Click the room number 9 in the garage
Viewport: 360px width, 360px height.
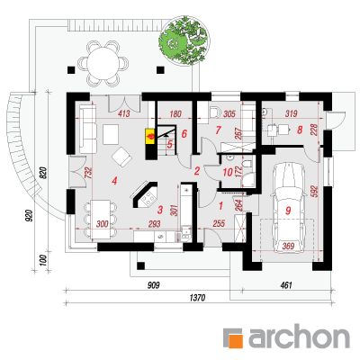point(288,211)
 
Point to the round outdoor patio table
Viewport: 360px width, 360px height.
point(103,62)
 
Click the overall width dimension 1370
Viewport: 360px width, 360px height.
point(197,298)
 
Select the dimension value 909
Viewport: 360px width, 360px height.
point(153,284)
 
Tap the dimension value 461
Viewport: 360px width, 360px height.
point(286,285)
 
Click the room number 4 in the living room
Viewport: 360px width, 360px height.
point(113,181)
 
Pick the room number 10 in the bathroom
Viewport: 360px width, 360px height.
point(228,173)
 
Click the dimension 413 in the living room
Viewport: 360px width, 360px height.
point(123,113)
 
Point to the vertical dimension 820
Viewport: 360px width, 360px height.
point(43,173)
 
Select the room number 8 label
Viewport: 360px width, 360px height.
point(299,130)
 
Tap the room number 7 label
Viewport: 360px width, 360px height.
point(218,130)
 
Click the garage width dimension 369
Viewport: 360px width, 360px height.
point(288,247)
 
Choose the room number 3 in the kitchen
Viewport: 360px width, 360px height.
point(160,210)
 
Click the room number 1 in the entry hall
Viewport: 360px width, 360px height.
point(221,206)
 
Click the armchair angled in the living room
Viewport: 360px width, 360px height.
point(122,157)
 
